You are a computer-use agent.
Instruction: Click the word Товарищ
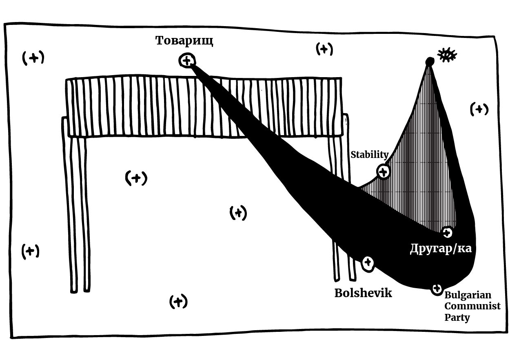[x=184, y=41]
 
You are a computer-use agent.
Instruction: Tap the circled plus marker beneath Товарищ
[x=186, y=61]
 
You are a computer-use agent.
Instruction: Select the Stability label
[x=370, y=155]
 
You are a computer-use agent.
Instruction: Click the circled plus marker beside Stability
[x=383, y=172]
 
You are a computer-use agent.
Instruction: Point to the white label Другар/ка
[x=441, y=248]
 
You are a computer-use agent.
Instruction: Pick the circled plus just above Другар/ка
[x=447, y=233]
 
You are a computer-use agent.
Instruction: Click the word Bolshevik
[x=363, y=293]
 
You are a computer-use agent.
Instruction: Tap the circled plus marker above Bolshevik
[x=368, y=262]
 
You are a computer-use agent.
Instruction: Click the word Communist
[x=472, y=306]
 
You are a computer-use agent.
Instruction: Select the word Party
[x=457, y=317]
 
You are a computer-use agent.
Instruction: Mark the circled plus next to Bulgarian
[x=437, y=289]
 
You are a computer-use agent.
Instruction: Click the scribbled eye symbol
[x=446, y=55]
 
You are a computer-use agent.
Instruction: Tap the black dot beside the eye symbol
[x=429, y=62]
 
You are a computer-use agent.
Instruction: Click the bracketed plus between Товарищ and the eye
[x=324, y=49]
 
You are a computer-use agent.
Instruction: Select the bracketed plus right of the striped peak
[x=479, y=109]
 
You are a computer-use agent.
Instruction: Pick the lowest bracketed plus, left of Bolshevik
[x=178, y=302]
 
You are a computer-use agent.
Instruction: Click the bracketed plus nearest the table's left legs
[x=30, y=251]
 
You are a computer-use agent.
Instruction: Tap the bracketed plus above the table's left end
[x=33, y=58]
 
